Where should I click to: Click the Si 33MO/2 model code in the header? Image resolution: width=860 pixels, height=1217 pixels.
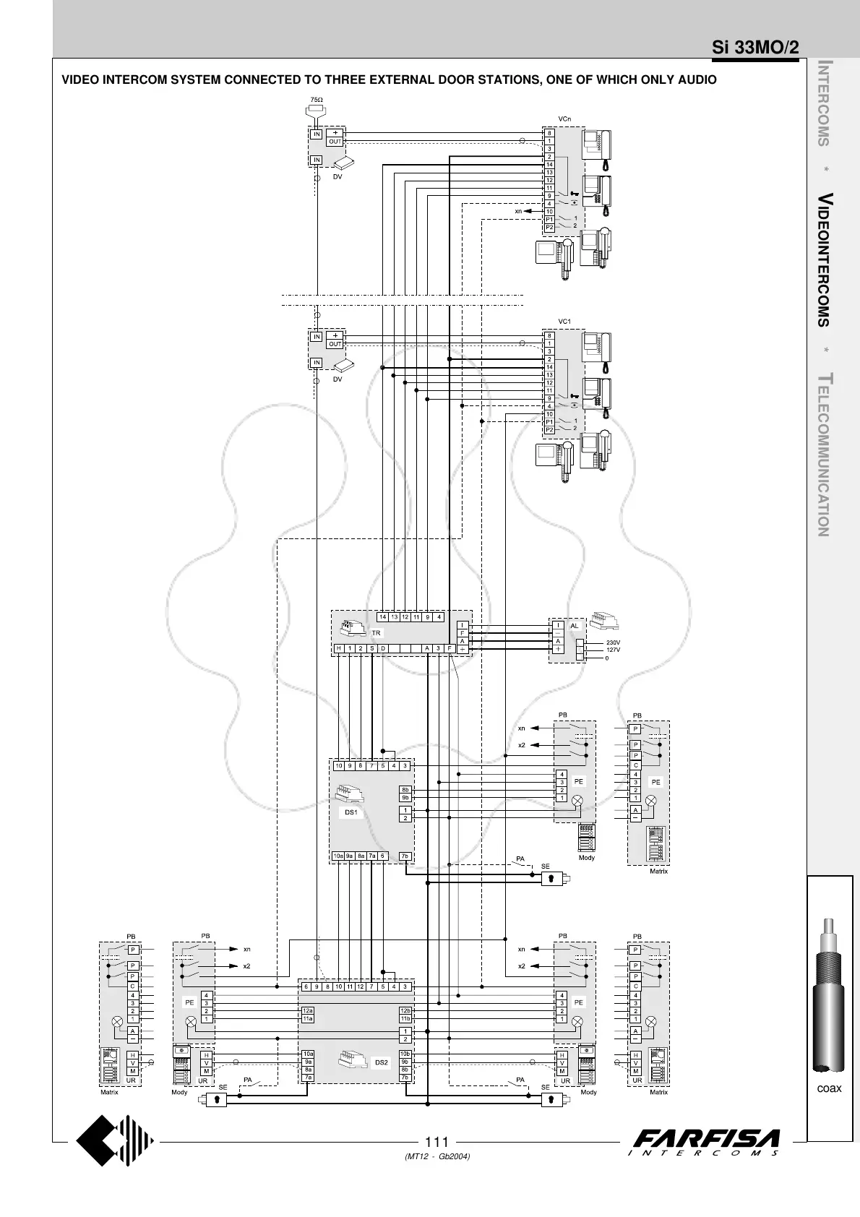click(x=755, y=48)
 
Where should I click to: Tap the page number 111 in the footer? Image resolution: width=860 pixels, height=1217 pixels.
click(x=437, y=1142)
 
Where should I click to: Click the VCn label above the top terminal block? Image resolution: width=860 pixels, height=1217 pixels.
click(x=564, y=119)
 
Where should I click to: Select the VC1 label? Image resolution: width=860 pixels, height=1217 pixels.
click(x=564, y=321)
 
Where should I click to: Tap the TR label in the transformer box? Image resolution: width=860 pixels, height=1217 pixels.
click(x=376, y=633)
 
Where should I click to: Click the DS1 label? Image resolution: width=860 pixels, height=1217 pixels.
click(x=351, y=812)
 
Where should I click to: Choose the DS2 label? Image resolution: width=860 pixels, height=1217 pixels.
click(x=382, y=1062)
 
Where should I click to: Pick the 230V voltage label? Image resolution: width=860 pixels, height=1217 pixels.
click(x=613, y=642)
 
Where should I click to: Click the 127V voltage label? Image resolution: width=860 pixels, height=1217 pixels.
click(x=613, y=650)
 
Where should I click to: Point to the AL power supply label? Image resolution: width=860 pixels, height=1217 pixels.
click(x=575, y=625)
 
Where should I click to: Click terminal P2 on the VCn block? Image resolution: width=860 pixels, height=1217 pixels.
click(x=549, y=227)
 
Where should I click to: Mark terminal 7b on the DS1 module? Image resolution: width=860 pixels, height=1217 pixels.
click(x=405, y=856)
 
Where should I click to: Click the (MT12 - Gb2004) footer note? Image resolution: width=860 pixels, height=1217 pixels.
click(x=438, y=1157)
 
